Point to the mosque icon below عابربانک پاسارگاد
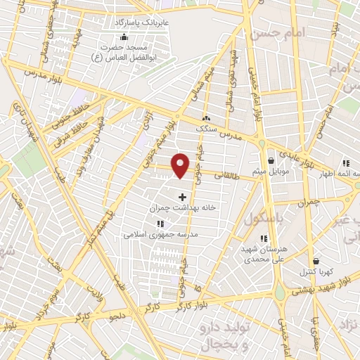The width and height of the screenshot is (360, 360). pyautogui.click(x=124, y=37)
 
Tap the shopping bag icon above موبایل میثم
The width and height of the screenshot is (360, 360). pyautogui.click(x=271, y=161)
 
